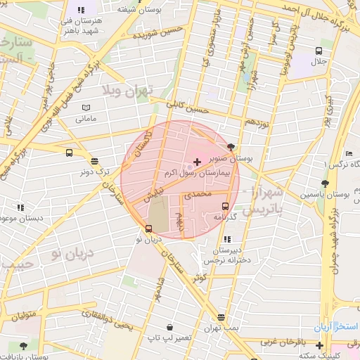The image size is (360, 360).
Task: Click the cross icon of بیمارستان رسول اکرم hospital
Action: pyautogui.click(x=196, y=162)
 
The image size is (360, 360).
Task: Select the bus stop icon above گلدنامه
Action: pyautogui.click(x=225, y=206)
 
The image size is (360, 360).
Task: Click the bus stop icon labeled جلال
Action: pyautogui.click(x=319, y=51)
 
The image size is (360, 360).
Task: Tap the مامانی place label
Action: pyautogui.click(x=86, y=118)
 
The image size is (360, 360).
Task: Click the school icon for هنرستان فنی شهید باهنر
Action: pyautogui.click(x=82, y=11)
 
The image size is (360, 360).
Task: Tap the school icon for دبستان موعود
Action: pyautogui.click(x=20, y=208)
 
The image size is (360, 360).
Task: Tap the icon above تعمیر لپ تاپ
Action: pyautogui.click(x=169, y=327)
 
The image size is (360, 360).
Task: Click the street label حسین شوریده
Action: pyautogui.click(x=163, y=33)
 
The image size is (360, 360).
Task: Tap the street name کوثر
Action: pyautogui.click(x=201, y=278)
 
